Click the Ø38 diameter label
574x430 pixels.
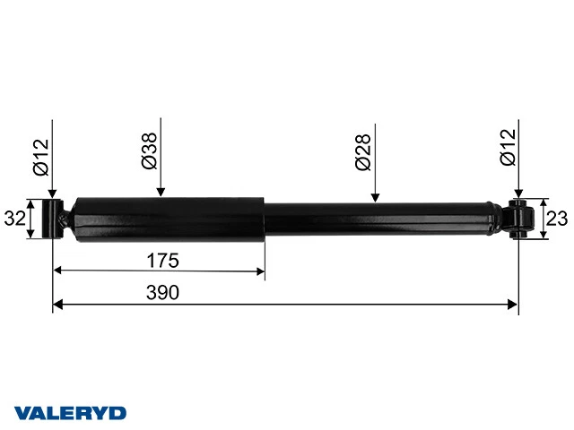pos(150,150)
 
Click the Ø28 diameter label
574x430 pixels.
pos(362,152)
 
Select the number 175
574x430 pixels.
pos(162,261)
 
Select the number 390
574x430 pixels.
pos(162,293)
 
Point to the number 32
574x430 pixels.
pos(14,219)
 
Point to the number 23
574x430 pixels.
pos(557,219)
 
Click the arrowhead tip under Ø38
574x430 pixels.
pos(161,193)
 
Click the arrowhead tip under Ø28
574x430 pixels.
pos(376,200)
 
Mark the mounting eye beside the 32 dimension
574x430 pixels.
pos(55,219)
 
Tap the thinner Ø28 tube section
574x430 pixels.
pos(377,219)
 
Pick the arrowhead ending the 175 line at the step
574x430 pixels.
pos(262,271)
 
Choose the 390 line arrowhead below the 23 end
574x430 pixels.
pos(515,305)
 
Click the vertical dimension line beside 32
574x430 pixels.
pos(33,219)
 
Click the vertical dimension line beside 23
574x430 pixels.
pos(541,219)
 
